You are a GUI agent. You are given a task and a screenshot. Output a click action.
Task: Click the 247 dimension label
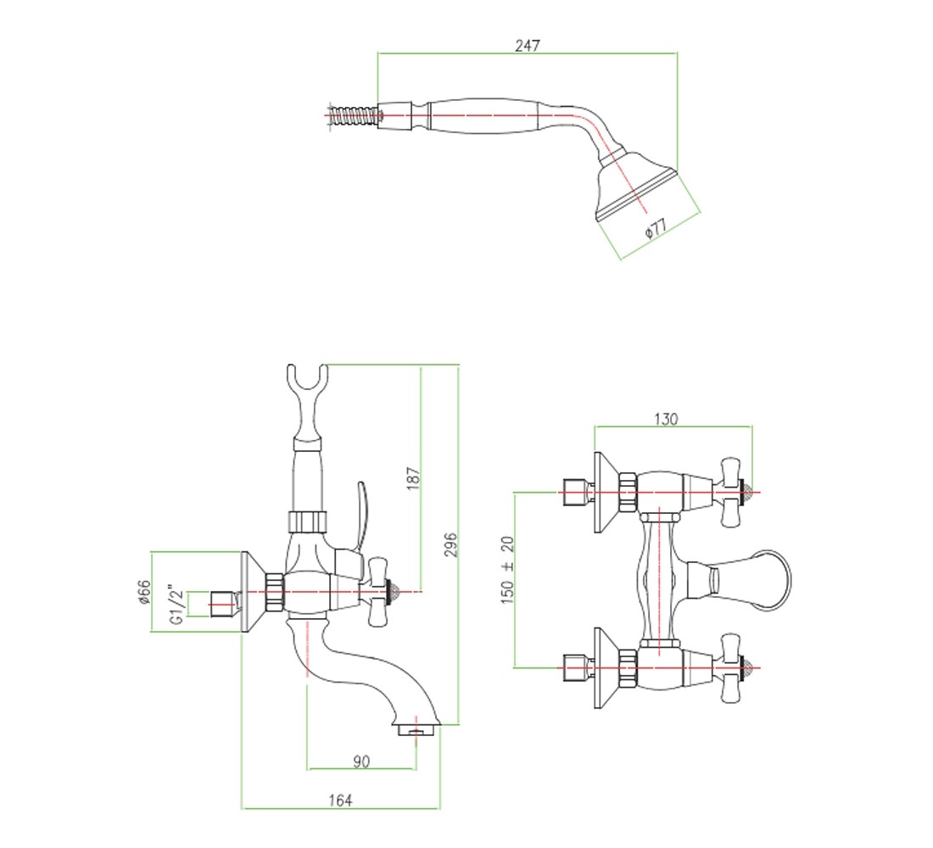click(x=528, y=45)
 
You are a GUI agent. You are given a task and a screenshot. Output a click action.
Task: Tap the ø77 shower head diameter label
click(x=656, y=228)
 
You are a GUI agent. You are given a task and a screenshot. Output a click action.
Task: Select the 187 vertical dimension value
click(x=413, y=478)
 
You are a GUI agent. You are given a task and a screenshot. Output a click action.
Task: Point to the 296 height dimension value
click(x=450, y=544)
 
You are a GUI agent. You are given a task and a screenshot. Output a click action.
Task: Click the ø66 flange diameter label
click(x=144, y=593)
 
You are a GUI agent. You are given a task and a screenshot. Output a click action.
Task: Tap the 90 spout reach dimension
click(x=361, y=762)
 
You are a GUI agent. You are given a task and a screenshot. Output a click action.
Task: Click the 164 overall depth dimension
click(x=340, y=801)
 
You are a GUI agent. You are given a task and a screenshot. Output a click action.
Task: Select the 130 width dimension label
click(x=665, y=419)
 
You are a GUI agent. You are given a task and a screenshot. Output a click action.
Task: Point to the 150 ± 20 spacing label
click(x=507, y=570)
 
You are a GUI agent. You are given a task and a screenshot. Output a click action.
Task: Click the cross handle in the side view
click(x=378, y=592)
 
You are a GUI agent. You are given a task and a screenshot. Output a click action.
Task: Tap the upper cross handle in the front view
click(x=730, y=493)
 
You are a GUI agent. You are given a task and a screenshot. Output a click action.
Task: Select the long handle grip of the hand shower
click(x=483, y=116)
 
